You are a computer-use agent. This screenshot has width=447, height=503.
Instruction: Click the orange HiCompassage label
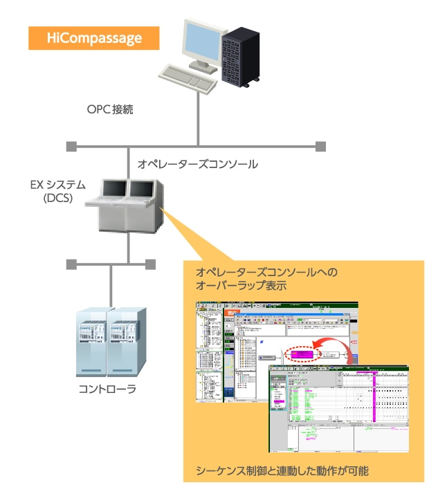point(94,38)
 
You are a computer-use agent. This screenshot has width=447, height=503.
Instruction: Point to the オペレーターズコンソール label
point(197,164)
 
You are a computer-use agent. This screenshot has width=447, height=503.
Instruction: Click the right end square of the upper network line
point(320,146)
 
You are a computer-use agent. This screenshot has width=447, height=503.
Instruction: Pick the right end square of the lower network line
point(151,264)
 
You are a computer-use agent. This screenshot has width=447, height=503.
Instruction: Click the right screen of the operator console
point(140,189)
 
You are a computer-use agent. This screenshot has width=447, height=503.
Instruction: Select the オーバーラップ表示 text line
point(243,286)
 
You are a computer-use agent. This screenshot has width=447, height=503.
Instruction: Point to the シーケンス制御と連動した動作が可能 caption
point(282,470)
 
